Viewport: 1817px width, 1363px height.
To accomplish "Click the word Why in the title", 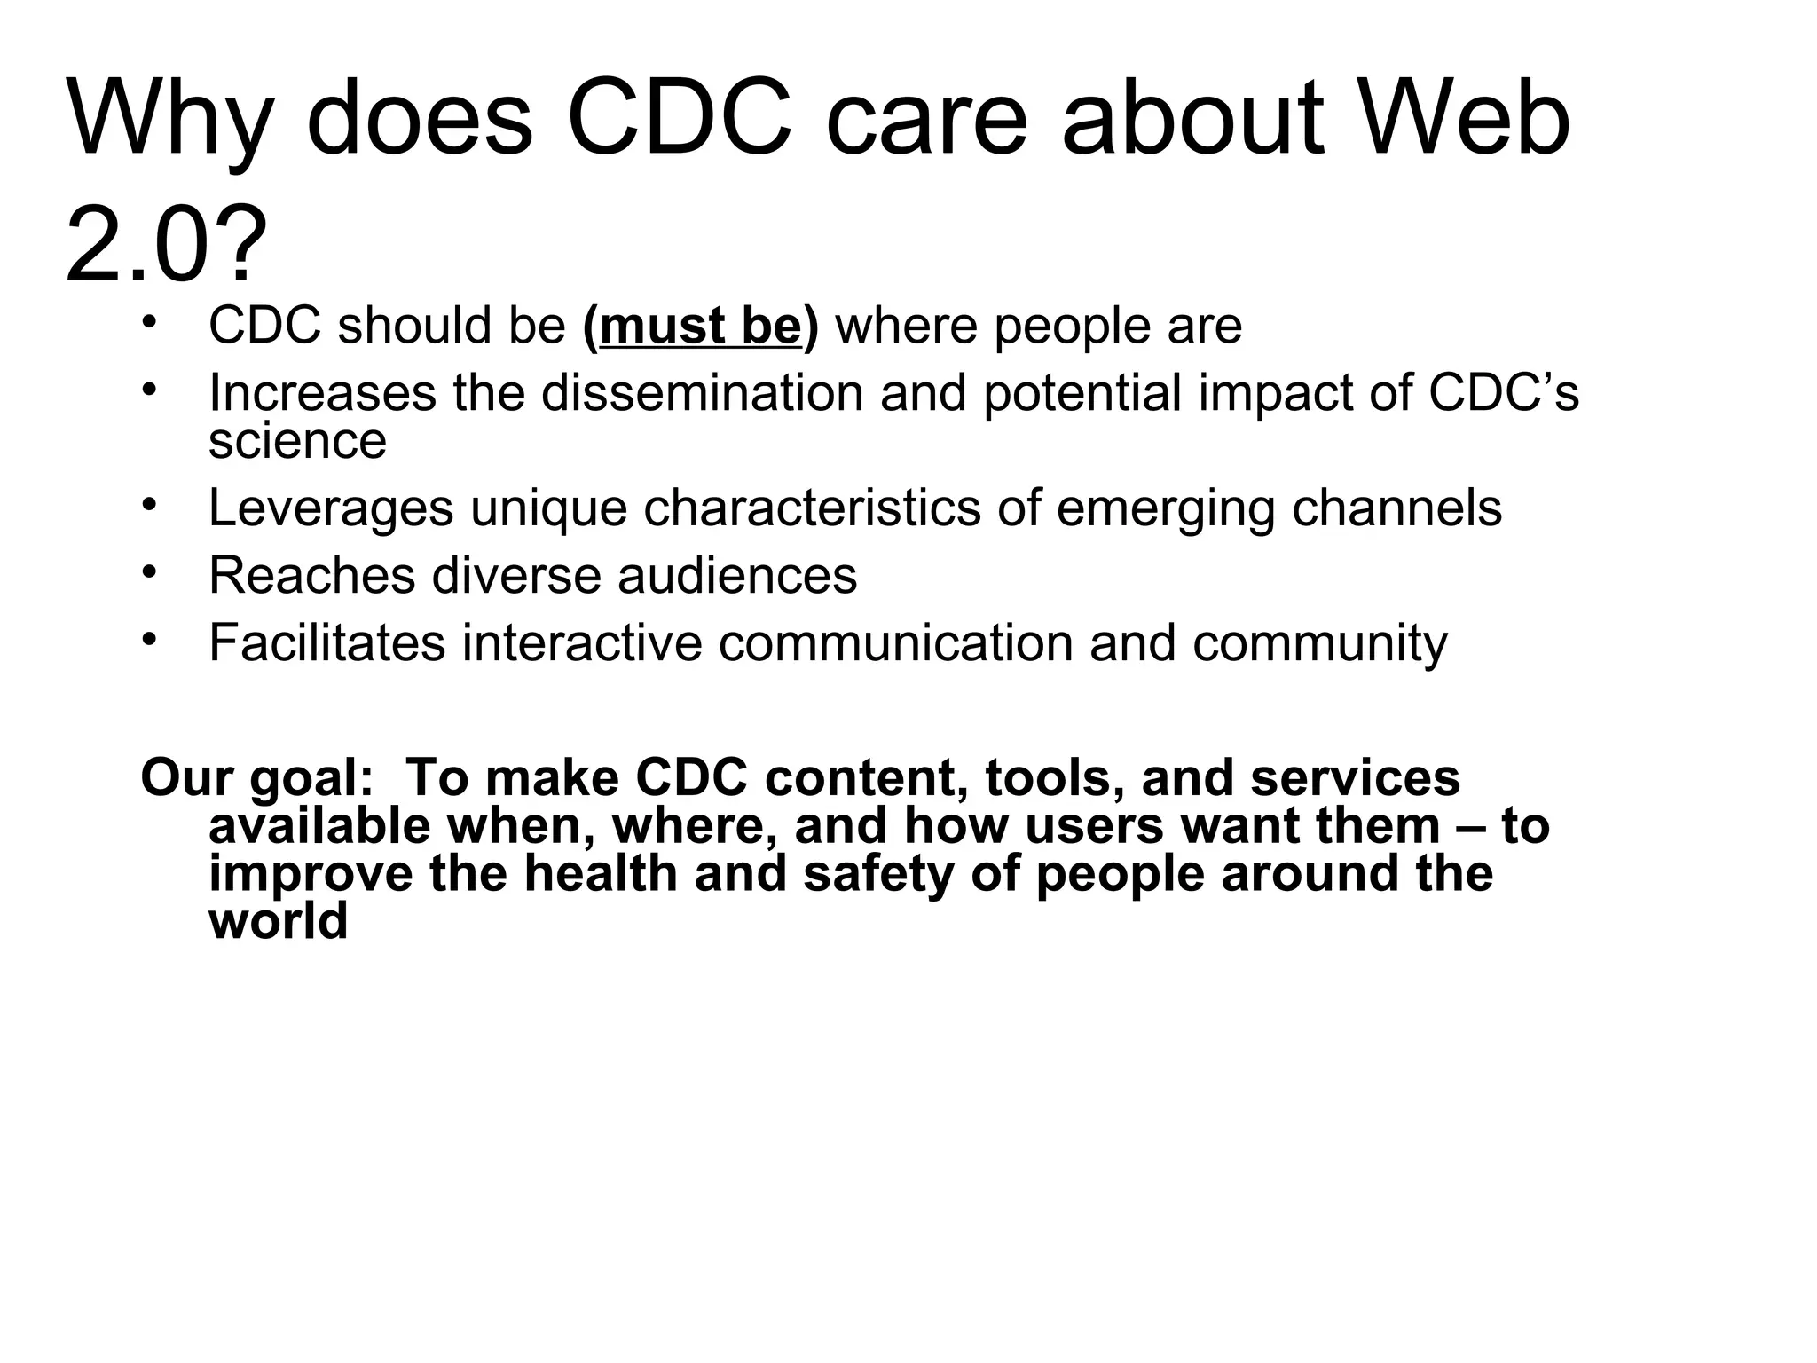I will (x=168, y=120).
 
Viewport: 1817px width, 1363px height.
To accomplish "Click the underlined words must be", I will (x=700, y=326).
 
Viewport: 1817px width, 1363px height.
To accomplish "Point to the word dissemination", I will (x=702, y=392).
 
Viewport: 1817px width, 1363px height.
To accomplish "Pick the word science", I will (x=297, y=441).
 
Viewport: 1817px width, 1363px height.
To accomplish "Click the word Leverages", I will (x=330, y=508).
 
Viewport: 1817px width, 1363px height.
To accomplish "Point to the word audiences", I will (x=737, y=576).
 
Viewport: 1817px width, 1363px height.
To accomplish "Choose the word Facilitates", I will (x=326, y=642).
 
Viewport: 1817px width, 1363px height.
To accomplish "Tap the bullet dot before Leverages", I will (x=149, y=503).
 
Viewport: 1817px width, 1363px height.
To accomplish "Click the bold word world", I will (x=278, y=922).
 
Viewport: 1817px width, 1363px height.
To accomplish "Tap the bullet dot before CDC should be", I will (x=149, y=320).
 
